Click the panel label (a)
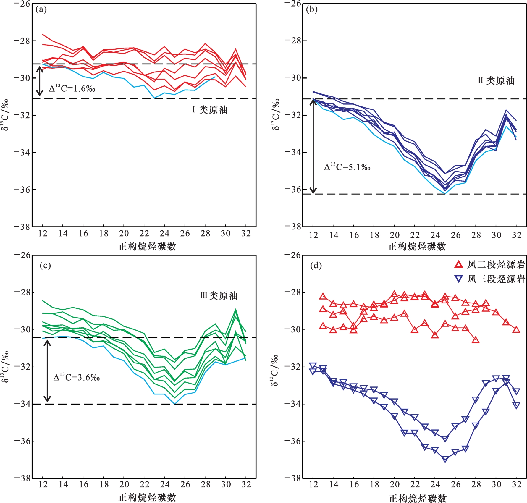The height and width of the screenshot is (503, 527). [x=41, y=9]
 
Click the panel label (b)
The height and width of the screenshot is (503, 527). [x=312, y=9]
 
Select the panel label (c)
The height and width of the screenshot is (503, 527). [x=45, y=265]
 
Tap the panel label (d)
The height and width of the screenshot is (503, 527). [x=316, y=265]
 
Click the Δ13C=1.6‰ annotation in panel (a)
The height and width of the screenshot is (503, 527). [x=72, y=88]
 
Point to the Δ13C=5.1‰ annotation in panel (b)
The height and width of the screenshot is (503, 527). [x=347, y=167]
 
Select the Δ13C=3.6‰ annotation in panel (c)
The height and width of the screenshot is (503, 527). [x=76, y=377]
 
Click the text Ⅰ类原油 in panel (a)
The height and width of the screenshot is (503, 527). [x=210, y=110]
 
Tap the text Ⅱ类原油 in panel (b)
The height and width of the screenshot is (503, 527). [x=496, y=80]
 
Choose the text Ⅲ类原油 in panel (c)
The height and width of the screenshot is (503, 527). [x=219, y=296]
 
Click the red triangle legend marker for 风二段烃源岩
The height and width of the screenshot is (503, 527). [x=458, y=264]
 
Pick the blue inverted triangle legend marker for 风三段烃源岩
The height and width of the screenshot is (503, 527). [x=458, y=279]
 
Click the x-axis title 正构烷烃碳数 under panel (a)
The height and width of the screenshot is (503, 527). [x=147, y=246]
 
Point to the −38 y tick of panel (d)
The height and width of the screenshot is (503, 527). [x=292, y=478]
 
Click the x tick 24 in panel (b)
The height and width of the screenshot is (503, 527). [x=435, y=235]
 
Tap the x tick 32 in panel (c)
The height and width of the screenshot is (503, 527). [x=246, y=484]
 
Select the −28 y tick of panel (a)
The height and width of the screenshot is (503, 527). [x=22, y=41]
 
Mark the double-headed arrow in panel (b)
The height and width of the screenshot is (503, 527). [x=313, y=146]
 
